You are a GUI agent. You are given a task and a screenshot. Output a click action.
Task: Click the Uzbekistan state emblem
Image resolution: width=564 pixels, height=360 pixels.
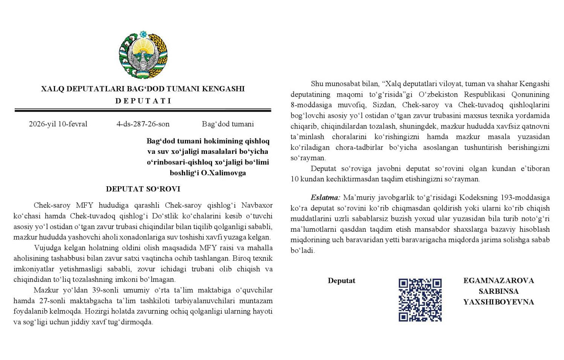(x=143, y=56)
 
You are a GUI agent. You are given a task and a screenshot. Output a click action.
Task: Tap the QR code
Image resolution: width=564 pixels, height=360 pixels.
(x=420, y=300)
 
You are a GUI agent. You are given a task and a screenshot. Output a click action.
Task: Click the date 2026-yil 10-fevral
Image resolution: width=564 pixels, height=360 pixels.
(x=58, y=124)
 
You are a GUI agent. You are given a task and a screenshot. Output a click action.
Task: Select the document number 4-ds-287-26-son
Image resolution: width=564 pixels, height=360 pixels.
(x=143, y=124)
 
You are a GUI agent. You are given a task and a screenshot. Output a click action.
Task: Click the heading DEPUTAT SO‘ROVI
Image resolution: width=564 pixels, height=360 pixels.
(x=143, y=189)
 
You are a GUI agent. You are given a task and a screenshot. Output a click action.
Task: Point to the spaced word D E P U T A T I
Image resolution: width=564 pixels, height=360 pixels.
(x=143, y=101)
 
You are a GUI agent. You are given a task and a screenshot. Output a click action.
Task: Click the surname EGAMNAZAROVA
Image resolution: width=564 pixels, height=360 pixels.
(x=498, y=281)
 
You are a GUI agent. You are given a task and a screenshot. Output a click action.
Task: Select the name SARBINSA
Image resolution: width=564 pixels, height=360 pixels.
(x=498, y=291)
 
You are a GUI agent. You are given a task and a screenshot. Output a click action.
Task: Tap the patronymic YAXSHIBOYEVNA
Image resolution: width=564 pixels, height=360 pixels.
(x=498, y=302)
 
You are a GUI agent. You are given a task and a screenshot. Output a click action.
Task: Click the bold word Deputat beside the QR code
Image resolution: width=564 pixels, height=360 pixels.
(x=341, y=281)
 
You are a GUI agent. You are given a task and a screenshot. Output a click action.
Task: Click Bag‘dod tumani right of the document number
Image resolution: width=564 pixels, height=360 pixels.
(x=228, y=124)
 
